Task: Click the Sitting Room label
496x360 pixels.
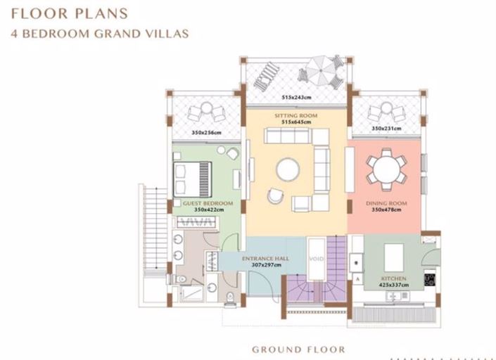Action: pyautogui.click(x=295, y=116)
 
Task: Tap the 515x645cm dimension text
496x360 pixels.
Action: pyautogui.click(x=296, y=122)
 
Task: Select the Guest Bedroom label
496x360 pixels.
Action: pyautogui.click(x=208, y=203)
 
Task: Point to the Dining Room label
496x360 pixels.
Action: pyautogui.click(x=386, y=203)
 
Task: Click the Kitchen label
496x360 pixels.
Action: pyautogui.click(x=393, y=278)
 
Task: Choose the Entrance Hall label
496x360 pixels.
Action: pyautogui.click(x=265, y=259)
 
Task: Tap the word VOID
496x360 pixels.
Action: pyautogui.click(x=317, y=259)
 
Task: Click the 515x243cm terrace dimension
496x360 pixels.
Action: pyautogui.click(x=296, y=97)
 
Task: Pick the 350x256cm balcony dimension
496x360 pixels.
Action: pyautogui.click(x=206, y=132)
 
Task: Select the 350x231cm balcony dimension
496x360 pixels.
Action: pyautogui.click(x=386, y=129)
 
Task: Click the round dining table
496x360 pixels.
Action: pyautogui.click(x=386, y=169)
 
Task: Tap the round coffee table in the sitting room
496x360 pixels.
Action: pyautogui.click(x=288, y=169)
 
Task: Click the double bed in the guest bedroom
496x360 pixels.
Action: pyautogui.click(x=192, y=179)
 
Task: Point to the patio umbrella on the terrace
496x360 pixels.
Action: pyautogui.click(x=321, y=70)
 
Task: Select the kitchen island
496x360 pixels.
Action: pyautogui.click(x=394, y=257)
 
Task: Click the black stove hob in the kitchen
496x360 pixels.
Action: pyautogui.click(x=430, y=280)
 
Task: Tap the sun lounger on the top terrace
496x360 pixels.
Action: pyautogui.click(x=265, y=77)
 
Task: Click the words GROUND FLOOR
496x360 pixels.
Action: pyautogui.click(x=298, y=349)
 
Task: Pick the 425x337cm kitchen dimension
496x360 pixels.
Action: pyautogui.click(x=393, y=285)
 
